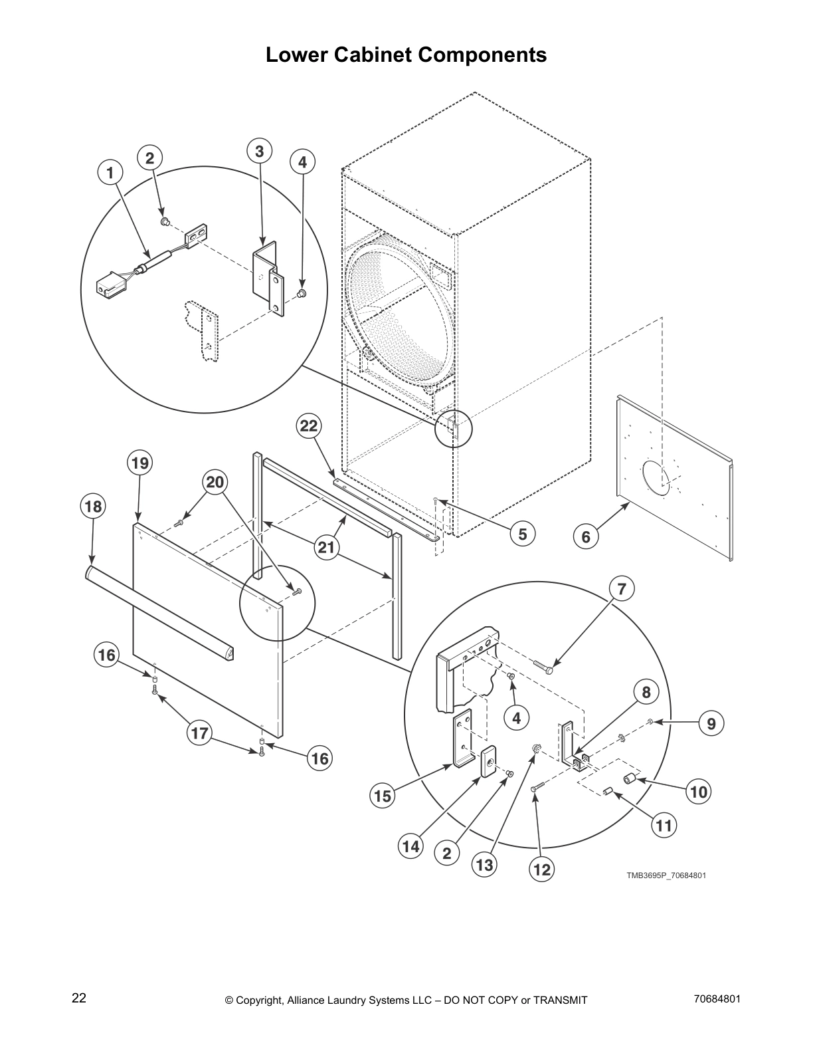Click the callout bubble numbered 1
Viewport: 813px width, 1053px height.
pos(110,173)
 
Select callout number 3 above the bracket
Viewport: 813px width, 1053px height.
pos(259,151)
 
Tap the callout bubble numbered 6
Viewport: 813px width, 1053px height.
pos(586,536)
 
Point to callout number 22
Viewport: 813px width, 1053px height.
pos(309,425)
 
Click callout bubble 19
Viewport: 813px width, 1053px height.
pos(140,463)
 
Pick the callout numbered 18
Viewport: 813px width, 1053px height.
pos(92,507)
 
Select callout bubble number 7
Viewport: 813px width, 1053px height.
pos(622,588)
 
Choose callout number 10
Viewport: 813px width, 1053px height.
pos(699,791)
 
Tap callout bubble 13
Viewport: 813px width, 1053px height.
pos(485,864)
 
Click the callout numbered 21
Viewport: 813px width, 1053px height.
pos(325,548)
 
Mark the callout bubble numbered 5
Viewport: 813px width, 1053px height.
pos(523,534)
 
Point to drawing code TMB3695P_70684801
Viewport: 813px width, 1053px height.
pos(666,875)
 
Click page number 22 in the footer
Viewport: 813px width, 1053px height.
pos(79,998)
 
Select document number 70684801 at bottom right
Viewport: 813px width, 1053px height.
pos(717,998)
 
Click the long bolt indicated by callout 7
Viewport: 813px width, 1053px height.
pos(542,667)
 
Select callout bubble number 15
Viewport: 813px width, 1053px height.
pos(383,796)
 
